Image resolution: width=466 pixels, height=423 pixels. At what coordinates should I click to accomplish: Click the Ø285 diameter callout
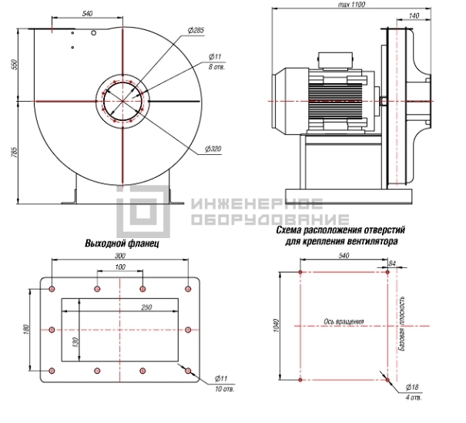pos(196,30)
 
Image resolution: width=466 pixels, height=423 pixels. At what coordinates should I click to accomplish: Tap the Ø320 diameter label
pos(213,149)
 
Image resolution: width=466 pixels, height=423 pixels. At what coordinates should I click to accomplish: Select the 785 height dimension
pos(14,153)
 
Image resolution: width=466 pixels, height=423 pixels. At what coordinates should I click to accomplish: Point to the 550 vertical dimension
pos(14,65)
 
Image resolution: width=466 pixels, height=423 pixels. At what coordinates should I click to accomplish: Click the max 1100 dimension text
pos(351,5)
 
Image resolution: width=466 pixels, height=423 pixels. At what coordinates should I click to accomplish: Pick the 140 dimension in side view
pos(414,15)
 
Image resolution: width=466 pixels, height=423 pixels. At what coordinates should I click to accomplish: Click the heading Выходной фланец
pos(122,243)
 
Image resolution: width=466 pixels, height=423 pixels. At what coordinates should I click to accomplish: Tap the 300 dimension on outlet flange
pos(120,255)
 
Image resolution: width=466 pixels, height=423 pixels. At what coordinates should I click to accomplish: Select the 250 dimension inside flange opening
pos(146,307)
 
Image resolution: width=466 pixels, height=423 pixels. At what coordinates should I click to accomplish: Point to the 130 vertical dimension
pos(75,342)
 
